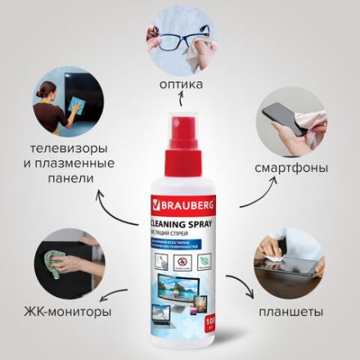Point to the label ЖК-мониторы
68,312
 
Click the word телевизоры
68,150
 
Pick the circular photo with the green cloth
68,260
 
